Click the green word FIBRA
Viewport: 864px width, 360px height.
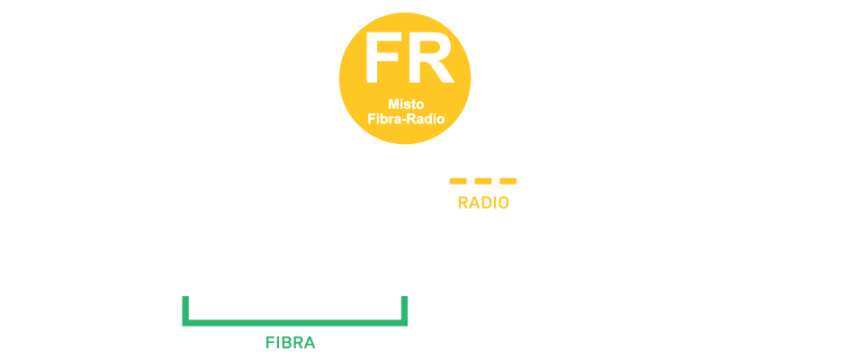(x=291, y=343)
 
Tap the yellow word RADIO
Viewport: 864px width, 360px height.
(x=483, y=203)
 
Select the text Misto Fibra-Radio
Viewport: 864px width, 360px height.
(x=407, y=111)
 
